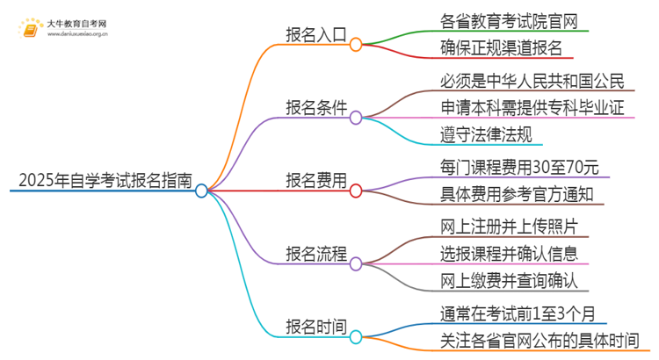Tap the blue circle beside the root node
[x=201, y=190]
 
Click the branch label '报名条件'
[x=316, y=108]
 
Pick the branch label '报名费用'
[x=316, y=181]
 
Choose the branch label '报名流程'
[x=316, y=254]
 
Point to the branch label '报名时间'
[x=316, y=327]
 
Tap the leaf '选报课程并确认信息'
[x=510, y=255]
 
